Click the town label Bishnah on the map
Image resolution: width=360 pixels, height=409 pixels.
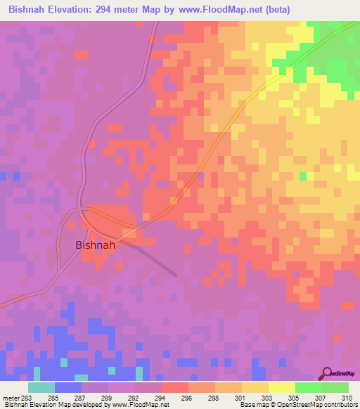coord(95,246)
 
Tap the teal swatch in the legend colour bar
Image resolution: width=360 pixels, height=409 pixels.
coord(41,387)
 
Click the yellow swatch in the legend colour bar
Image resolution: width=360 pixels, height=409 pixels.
coord(255,387)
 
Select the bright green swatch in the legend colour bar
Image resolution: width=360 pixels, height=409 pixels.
coord(308,387)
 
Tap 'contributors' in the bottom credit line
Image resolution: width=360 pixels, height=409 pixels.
coord(340,405)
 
